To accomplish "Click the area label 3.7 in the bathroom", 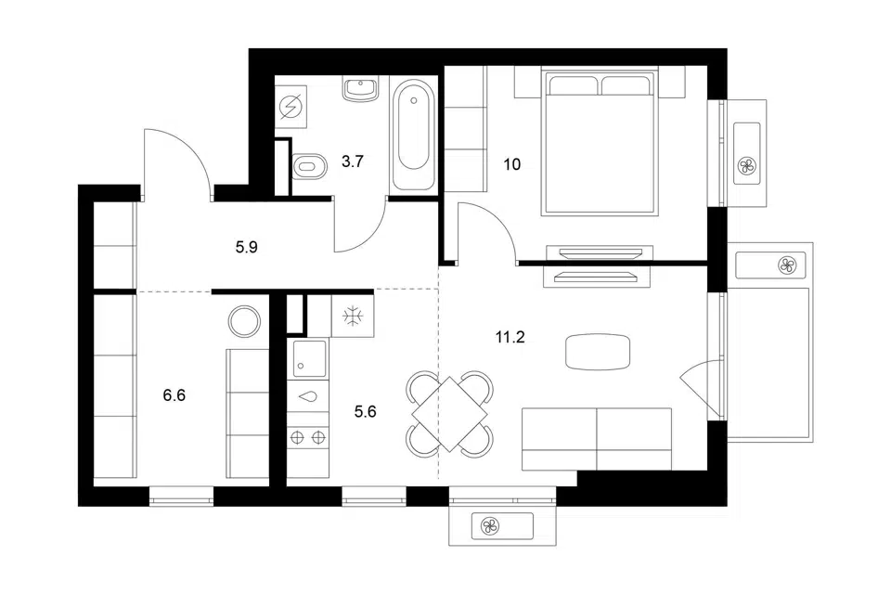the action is click(353, 161).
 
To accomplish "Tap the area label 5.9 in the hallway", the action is click(247, 247).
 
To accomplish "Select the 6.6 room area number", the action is click(174, 394).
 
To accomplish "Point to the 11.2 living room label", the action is click(510, 337).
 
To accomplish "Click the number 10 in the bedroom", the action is click(512, 164).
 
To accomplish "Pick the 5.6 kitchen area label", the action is click(365, 411).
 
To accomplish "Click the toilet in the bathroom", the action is click(309, 166).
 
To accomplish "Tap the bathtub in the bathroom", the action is click(413, 136).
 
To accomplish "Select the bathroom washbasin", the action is click(360, 90).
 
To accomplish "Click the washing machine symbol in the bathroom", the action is click(291, 107).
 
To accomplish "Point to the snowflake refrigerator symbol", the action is click(353, 316).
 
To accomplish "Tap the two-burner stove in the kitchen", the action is click(308, 437).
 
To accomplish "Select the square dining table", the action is click(449, 414).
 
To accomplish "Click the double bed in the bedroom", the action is click(600, 141).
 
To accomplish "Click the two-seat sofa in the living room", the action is click(597, 439).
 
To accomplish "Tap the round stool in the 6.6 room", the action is click(244, 321).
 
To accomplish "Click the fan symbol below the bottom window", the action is click(489, 526).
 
